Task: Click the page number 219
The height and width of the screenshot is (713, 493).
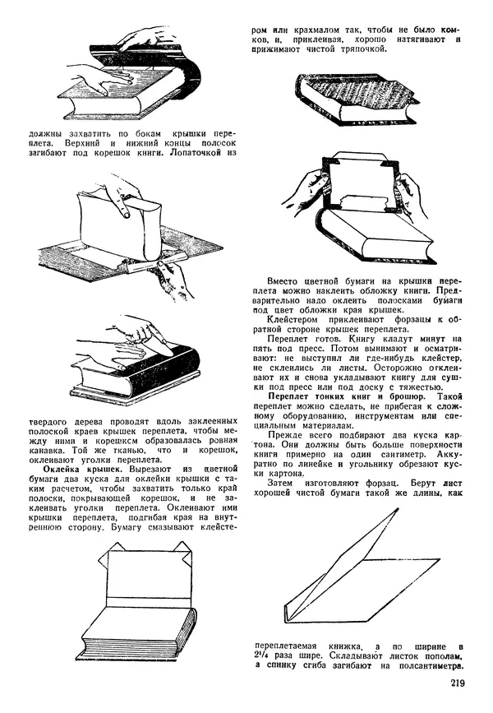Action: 461,682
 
